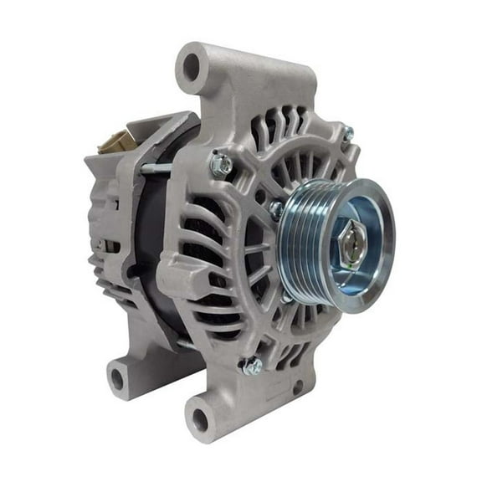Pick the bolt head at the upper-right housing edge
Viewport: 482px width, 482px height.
(x=346, y=133)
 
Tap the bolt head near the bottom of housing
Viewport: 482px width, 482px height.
(x=249, y=365)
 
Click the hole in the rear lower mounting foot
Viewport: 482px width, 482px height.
(x=117, y=378)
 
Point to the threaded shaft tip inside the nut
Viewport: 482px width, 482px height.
(x=351, y=243)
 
